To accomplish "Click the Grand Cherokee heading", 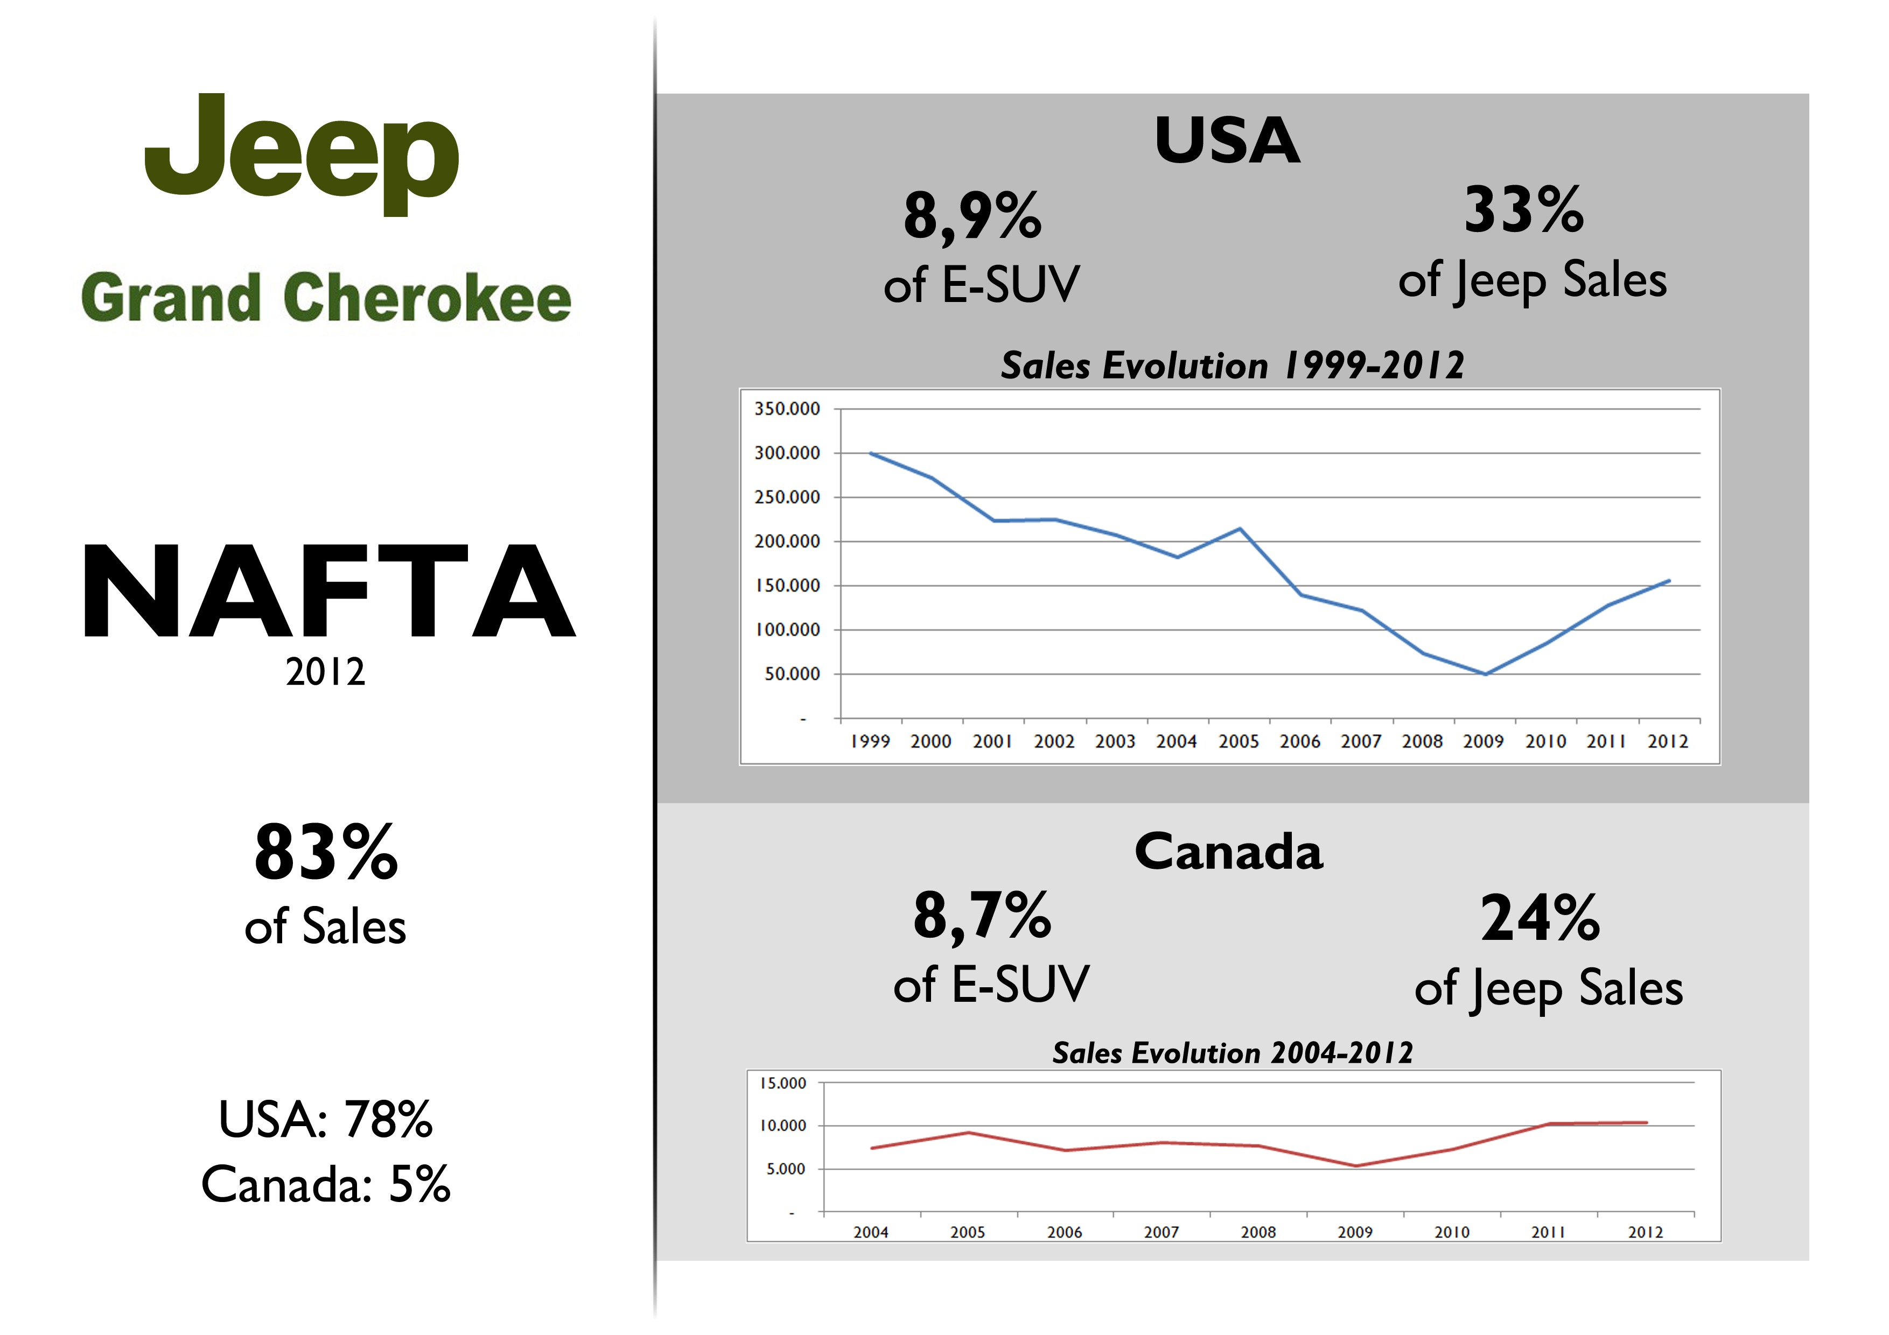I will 326,298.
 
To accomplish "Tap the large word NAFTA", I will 329,592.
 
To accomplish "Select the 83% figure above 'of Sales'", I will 326,853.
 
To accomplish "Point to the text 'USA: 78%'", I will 326,1120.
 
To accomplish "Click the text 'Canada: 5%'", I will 326,1184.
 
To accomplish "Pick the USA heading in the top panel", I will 1227,140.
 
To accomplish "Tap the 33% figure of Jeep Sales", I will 1524,210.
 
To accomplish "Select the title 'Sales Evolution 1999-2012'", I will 1232,365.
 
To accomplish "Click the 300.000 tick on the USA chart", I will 787,453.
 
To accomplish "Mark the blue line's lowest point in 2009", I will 1485,673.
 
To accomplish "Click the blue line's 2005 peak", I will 1240,529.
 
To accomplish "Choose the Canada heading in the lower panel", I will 1228,852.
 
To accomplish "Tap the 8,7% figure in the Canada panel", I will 982,916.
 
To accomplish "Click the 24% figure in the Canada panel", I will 1540,919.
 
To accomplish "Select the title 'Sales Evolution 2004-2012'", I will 1232,1053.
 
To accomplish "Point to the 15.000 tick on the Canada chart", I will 782,1083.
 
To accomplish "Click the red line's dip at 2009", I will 1356,1165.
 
